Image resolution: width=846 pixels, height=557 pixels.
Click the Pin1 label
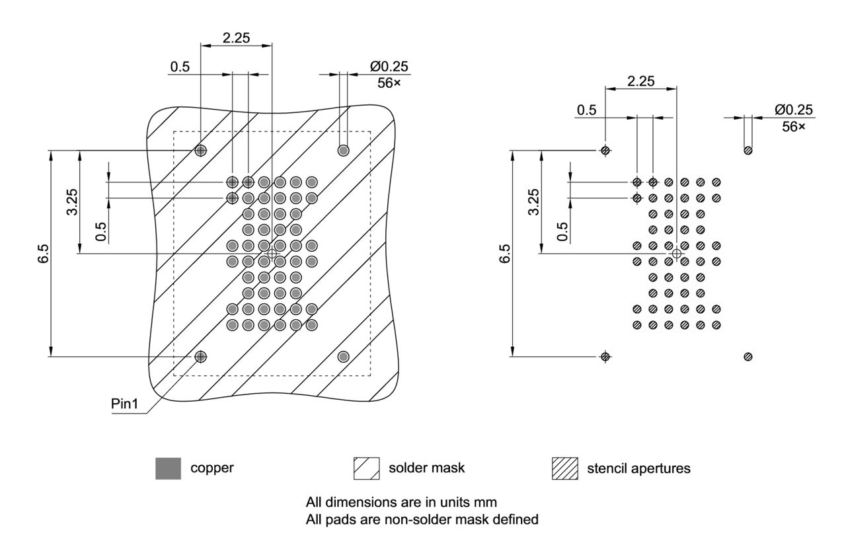(125, 404)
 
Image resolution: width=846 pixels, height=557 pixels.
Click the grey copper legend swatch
(168, 468)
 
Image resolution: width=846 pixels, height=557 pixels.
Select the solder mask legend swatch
(366, 468)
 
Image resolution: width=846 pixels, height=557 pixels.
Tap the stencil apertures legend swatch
(564, 468)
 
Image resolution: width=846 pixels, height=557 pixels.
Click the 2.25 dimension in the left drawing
(236, 38)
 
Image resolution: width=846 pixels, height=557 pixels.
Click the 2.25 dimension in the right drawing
(640, 81)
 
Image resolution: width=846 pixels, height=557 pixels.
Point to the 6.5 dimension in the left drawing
(42, 254)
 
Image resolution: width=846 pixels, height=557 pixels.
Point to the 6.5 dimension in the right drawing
(505, 254)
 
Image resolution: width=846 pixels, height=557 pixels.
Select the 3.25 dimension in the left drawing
(72, 202)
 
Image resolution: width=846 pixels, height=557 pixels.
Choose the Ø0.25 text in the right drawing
(794, 110)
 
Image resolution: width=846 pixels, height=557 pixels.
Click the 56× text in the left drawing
(389, 83)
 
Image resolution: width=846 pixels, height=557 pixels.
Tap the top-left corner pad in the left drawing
(201, 151)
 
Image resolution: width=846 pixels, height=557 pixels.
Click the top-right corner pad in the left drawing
(343, 151)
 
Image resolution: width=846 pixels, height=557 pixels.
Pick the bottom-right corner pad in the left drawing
(343, 357)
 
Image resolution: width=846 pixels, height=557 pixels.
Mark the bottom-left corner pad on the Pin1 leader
(201, 357)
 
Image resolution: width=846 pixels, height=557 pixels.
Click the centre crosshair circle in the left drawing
(272, 254)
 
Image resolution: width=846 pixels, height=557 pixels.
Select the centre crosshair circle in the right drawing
(676, 254)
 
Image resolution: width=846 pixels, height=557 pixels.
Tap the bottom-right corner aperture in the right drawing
(748, 357)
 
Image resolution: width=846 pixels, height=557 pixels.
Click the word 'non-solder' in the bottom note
(407, 519)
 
